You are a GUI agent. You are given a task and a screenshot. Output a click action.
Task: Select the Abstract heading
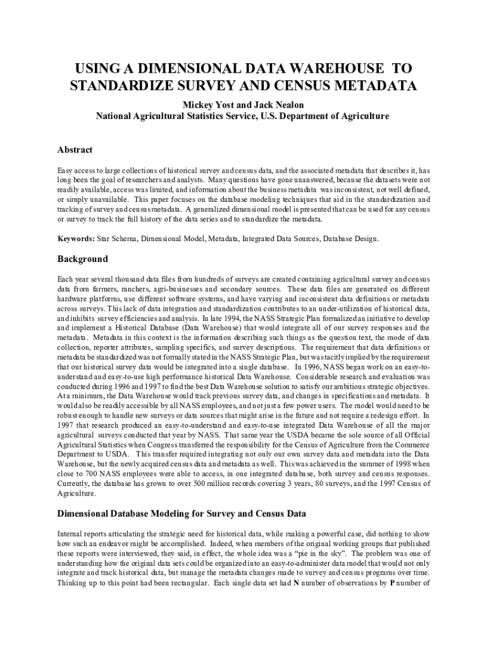tap(75, 150)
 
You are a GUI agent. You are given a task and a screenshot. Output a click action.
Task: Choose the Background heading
tap(83, 259)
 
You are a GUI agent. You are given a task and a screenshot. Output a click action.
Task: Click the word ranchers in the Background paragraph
tap(122, 289)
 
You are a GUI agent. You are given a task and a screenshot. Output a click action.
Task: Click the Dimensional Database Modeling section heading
tap(182, 513)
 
